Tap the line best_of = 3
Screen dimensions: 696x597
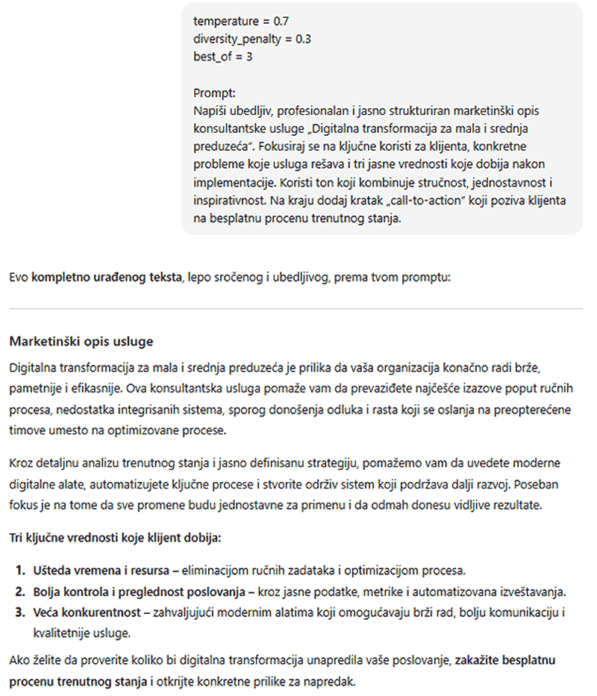pyautogui.click(x=222, y=56)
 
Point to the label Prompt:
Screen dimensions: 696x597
pyautogui.click(x=214, y=93)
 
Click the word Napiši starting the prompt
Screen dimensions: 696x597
pyautogui.click(x=210, y=111)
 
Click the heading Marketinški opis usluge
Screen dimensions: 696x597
pyautogui.click(x=81, y=342)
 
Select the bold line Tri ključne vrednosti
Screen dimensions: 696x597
pyautogui.click(x=115, y=537)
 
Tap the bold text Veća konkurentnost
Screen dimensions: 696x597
pyautogui.click(x=86, y=613)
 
